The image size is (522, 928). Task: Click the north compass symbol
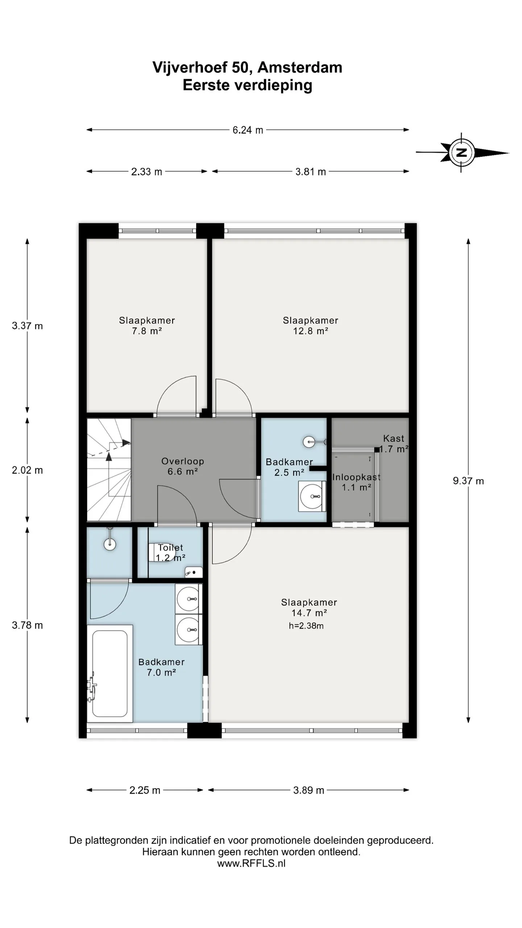461,152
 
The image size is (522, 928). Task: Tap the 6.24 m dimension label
248,130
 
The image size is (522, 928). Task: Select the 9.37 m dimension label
468,481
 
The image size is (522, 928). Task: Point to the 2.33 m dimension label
146,171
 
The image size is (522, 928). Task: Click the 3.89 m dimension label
308,790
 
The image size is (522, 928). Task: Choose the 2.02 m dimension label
27,470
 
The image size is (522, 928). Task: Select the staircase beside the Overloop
109,470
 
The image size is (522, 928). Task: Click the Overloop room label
183,466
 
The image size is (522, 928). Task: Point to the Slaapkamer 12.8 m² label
311,326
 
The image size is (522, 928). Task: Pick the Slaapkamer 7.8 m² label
147,326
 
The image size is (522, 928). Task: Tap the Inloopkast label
356,477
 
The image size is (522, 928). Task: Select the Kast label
394,438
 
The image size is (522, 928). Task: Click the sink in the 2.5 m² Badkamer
312,496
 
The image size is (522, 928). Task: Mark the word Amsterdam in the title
300,67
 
